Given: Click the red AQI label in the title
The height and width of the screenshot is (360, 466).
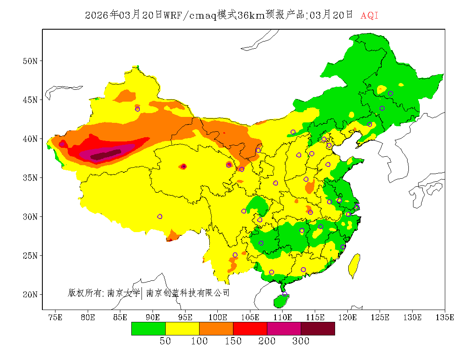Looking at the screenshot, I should click(369, 16).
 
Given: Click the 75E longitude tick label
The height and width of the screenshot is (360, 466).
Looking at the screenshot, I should click(55, 317).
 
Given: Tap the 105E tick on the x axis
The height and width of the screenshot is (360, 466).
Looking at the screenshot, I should click(250, 317).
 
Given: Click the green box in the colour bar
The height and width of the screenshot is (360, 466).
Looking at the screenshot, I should click(148, 329).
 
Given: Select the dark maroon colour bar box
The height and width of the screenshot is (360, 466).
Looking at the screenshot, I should click(318, 329).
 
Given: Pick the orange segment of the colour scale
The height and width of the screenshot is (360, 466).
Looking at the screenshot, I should click(216, 329).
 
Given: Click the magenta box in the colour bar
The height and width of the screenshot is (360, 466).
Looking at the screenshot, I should click(284, 329).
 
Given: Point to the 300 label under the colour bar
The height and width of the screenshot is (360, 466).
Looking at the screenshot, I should click(301, 341).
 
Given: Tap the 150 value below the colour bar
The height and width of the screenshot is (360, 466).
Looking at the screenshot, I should click(233, 341).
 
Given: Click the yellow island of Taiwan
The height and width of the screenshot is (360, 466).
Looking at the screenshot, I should click(354, 266).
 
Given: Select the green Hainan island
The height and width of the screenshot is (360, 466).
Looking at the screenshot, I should click(280, 301).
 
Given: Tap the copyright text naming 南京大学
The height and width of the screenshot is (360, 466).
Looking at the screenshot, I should click(123, 293).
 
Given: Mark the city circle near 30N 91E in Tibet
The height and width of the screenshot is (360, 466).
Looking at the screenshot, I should click(160, 216).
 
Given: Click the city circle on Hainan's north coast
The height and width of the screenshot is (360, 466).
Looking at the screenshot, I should click(285, 294).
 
